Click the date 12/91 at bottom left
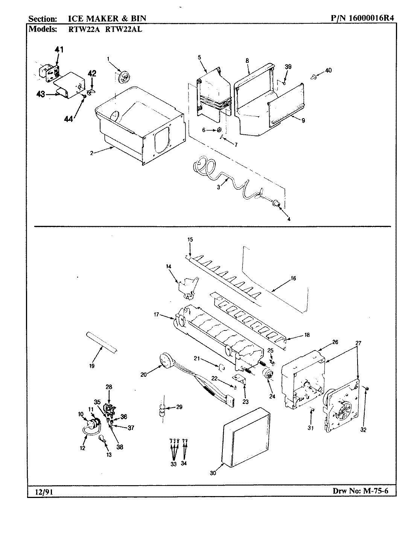point(40,492)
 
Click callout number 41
point(59,49)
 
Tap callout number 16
point(293,278)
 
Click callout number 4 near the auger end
point(289,219)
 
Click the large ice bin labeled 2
point(139,124)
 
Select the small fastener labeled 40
point(313,77)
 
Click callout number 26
point(335,342)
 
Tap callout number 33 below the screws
point(173,464)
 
